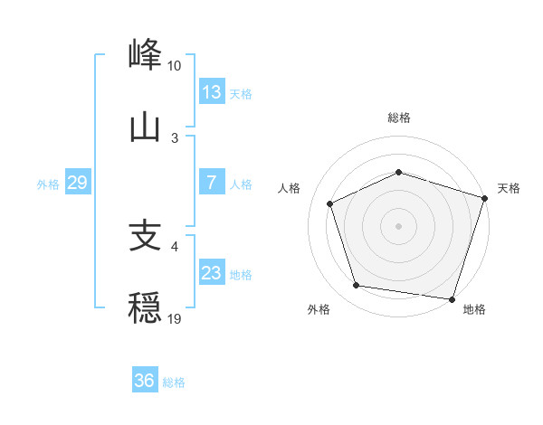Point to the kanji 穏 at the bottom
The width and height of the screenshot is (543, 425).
(x=146, y=307)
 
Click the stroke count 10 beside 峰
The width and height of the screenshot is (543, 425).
(x=175, y=66)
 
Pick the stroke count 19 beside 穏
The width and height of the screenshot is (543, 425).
(x=175, y=319)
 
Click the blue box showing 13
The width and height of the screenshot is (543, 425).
(x=212, y=92)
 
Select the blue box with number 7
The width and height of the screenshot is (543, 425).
(x=212, y=183)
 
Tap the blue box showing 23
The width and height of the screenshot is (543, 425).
(x=212, y=273)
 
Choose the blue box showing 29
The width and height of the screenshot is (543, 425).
(x=77, y=183)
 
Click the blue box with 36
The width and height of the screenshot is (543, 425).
(x=145, y=381)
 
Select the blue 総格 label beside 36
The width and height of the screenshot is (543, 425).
(x=174, y=382)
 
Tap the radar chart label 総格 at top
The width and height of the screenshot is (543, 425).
(x=399, y=118)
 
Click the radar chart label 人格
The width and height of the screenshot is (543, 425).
(x=290, y=188)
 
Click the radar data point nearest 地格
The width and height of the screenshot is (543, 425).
(x=452, y=298)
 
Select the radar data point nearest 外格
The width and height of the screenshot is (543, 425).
(x=357, y=286)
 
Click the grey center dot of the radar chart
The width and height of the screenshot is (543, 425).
(x=399, y=226)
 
